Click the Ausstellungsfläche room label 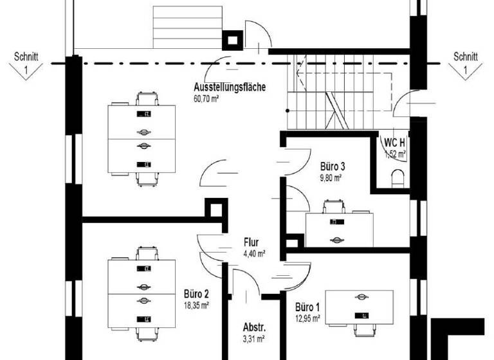point(230,87)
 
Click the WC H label point(395,143)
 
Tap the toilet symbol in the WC point(398,177)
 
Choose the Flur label point(251,242)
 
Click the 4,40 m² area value point(253,253)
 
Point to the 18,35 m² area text point(196,306)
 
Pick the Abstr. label point(254,326)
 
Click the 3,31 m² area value point(253,337)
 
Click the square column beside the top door point(230,40)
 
